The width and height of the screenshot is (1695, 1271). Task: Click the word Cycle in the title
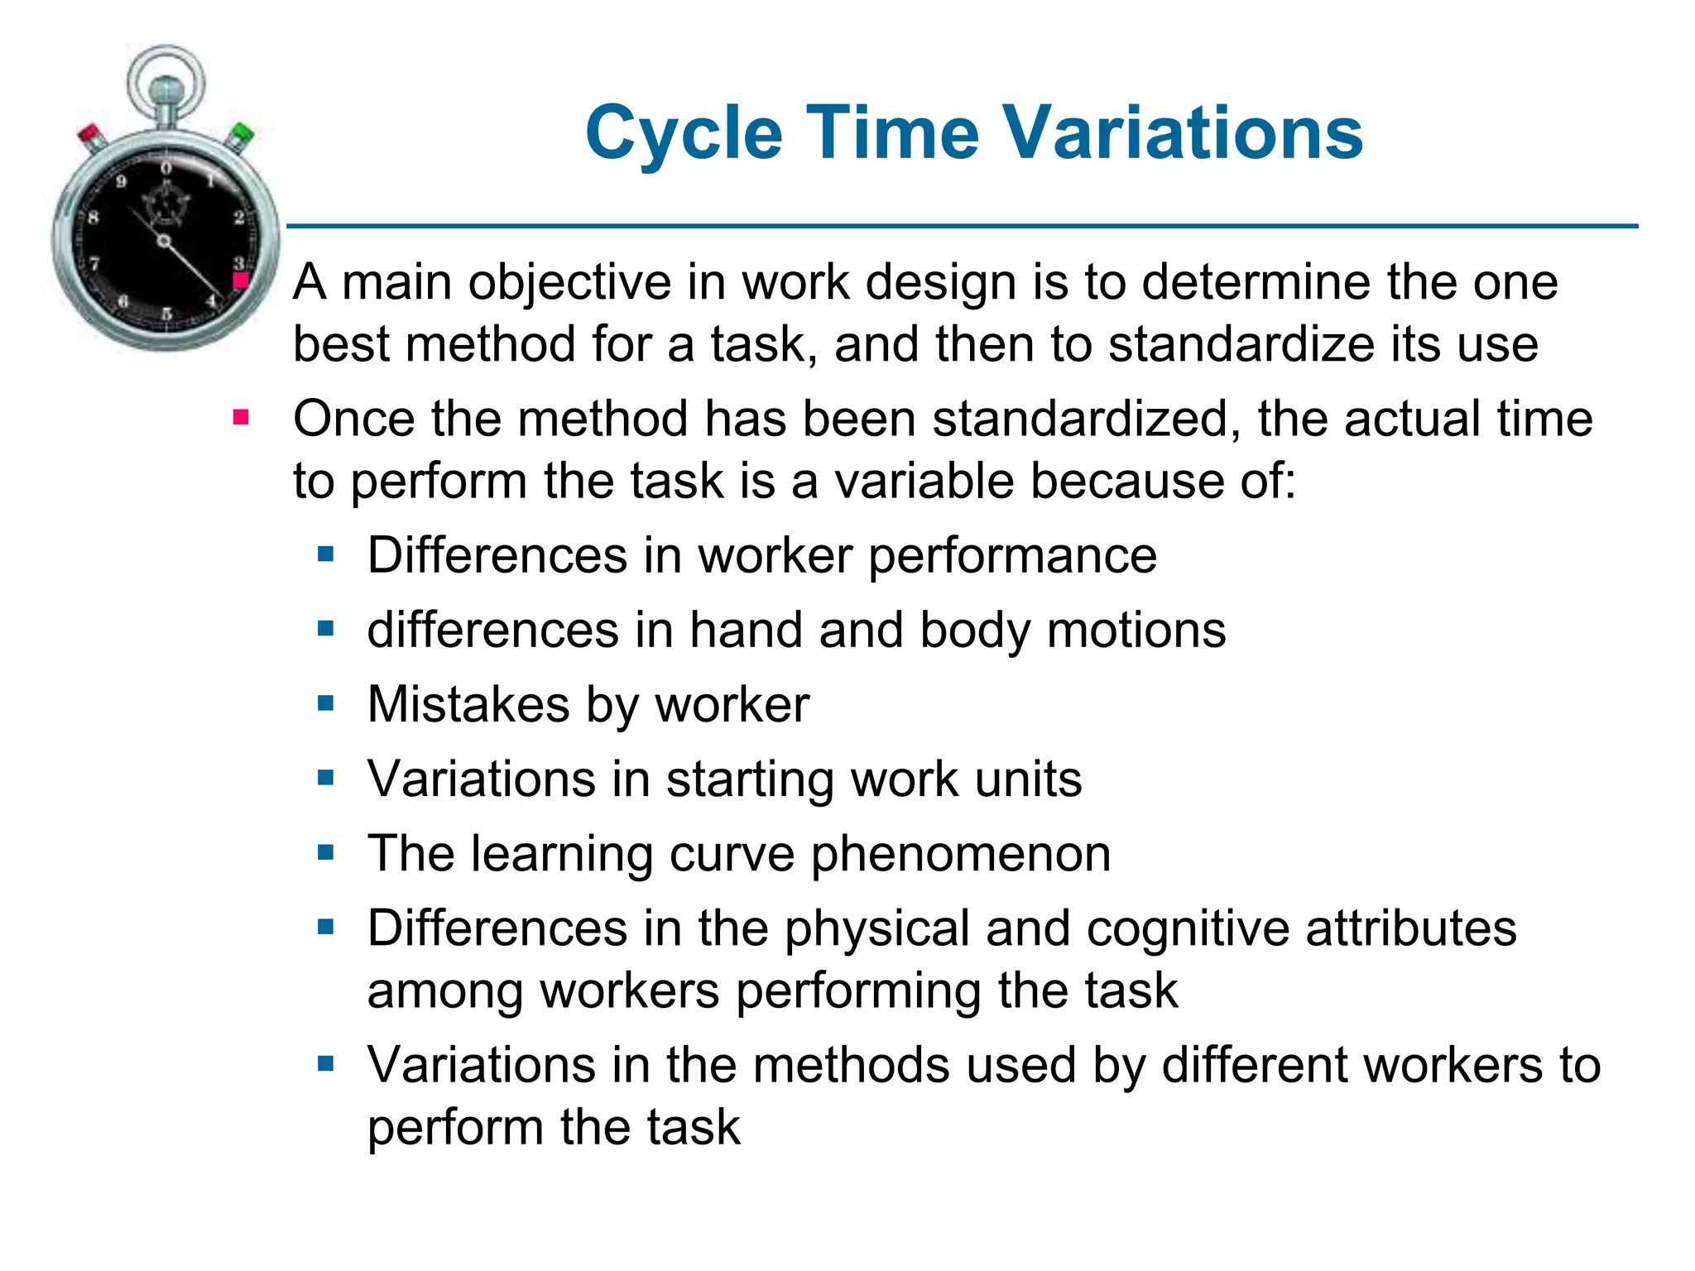coord(684,134)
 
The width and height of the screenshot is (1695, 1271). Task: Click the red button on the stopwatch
coord(89,134)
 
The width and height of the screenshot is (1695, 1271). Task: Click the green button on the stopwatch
coord(242,134)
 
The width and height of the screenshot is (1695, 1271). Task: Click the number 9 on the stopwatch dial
coord(122,181)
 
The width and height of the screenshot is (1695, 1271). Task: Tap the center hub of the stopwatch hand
coord(164,242)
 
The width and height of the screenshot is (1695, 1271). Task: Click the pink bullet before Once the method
coord(241,418)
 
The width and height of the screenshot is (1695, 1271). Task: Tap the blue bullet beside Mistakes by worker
coord(325,704)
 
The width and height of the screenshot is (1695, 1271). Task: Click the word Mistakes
coord(468,705)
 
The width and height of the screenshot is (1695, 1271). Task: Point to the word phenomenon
coord(960,854)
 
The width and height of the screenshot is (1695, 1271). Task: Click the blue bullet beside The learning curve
coord(325,852)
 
